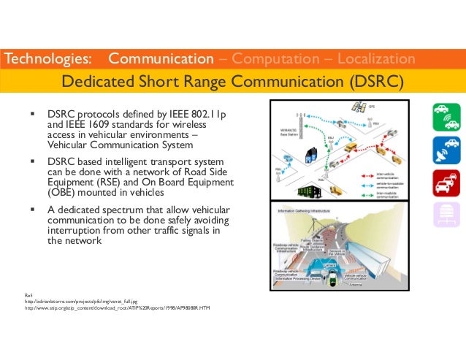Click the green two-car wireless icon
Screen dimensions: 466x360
445,118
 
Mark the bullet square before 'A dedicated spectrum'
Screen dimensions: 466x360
32,208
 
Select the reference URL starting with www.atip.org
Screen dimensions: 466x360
118,309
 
